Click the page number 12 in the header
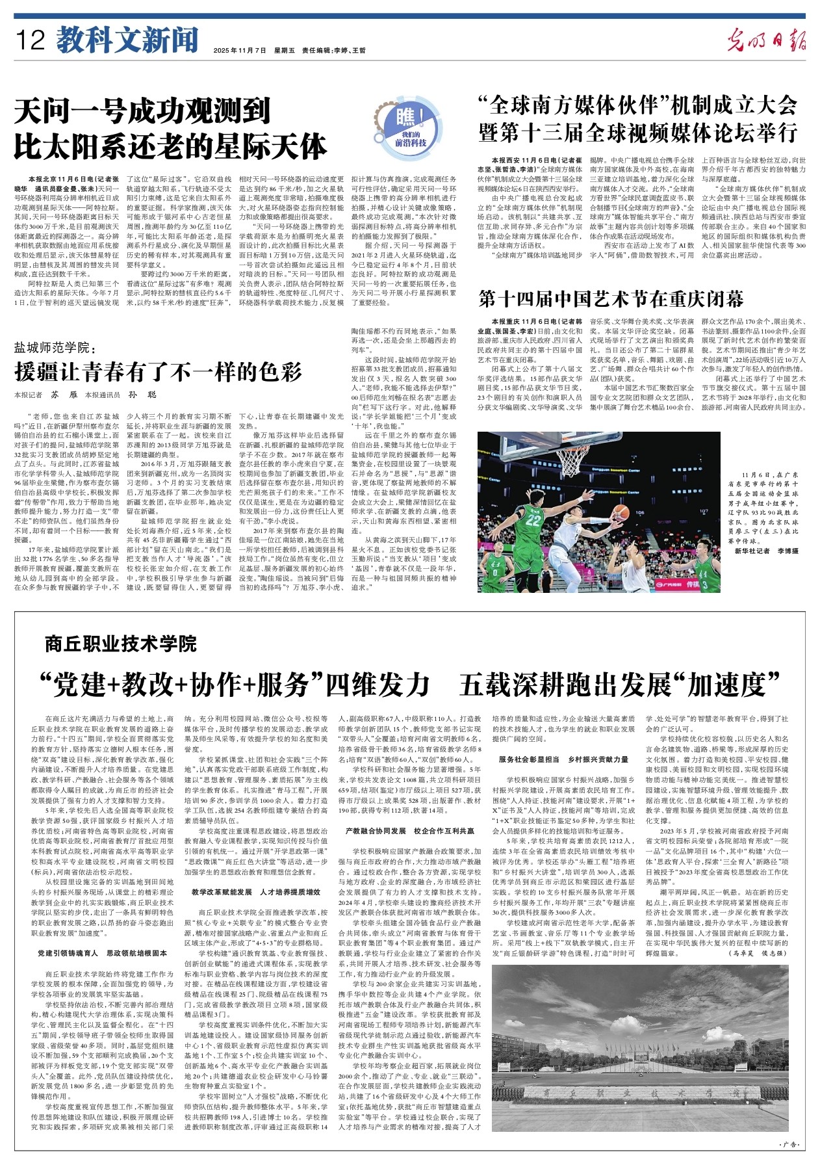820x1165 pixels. (31, 41)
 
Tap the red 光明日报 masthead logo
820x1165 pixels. (766, 41)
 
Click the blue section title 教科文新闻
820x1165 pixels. (127, 40)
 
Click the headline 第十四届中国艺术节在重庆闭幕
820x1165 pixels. (611, 298)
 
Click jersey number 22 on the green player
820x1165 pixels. (534, 519)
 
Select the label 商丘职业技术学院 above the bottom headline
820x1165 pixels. (120, 644)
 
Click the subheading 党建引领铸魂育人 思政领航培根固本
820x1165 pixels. (102, 953)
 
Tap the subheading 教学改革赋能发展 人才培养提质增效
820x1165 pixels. (256, 892)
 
